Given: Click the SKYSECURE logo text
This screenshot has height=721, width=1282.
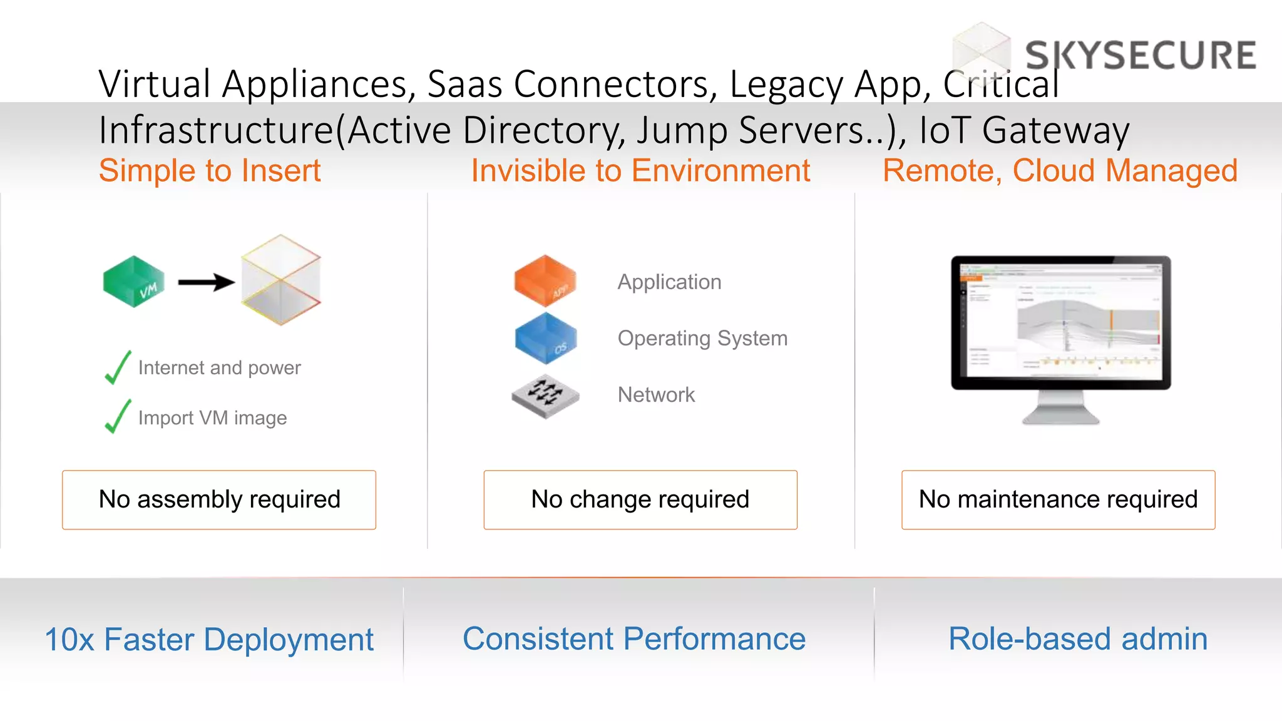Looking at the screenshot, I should coord(1140,55).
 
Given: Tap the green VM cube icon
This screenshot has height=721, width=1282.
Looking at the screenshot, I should coord(133,282).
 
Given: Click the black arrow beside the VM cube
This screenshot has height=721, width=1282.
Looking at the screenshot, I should coord(206,282).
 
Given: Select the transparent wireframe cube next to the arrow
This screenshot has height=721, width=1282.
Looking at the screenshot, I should coord(281,280).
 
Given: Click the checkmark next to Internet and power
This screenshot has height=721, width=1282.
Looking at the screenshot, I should coord(118,367).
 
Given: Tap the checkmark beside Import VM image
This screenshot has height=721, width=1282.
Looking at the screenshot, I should coord(118,417).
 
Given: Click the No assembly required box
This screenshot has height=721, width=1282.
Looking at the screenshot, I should coord(219,499).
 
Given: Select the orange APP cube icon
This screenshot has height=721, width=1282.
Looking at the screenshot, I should coord(545,280).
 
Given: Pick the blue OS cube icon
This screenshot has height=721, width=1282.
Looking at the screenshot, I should coord(545,338).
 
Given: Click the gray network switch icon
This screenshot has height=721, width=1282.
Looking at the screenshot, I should coord(545,396).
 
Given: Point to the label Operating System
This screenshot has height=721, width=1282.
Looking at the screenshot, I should coord(702,339).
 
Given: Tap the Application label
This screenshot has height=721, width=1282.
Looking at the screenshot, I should coord(669,282).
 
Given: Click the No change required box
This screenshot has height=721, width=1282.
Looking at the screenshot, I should coord(640,499).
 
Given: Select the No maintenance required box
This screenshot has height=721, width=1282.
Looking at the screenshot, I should coord(1058,499).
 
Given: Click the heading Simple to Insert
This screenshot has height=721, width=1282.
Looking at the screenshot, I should coord(210,171).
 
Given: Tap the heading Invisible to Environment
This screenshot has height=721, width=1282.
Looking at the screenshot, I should coord(640,171).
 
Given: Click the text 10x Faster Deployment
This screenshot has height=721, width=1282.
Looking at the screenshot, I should coord(209,640).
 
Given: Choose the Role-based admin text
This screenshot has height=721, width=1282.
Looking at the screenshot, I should coord(1077,639).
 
